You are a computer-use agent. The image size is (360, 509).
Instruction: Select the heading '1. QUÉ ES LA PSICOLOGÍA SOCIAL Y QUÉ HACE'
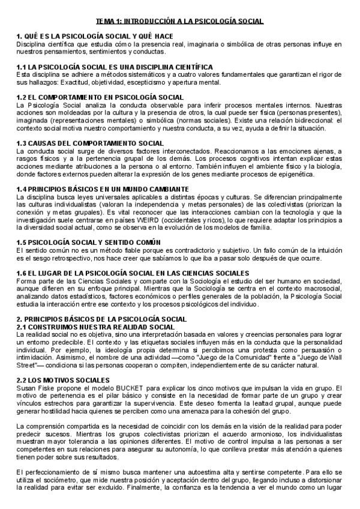[95, 37]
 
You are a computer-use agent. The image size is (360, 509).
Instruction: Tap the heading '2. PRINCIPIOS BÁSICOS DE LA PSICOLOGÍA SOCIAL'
[101, 319]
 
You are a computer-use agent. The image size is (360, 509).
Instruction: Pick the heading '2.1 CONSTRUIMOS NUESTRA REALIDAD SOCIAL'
[96, 326]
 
